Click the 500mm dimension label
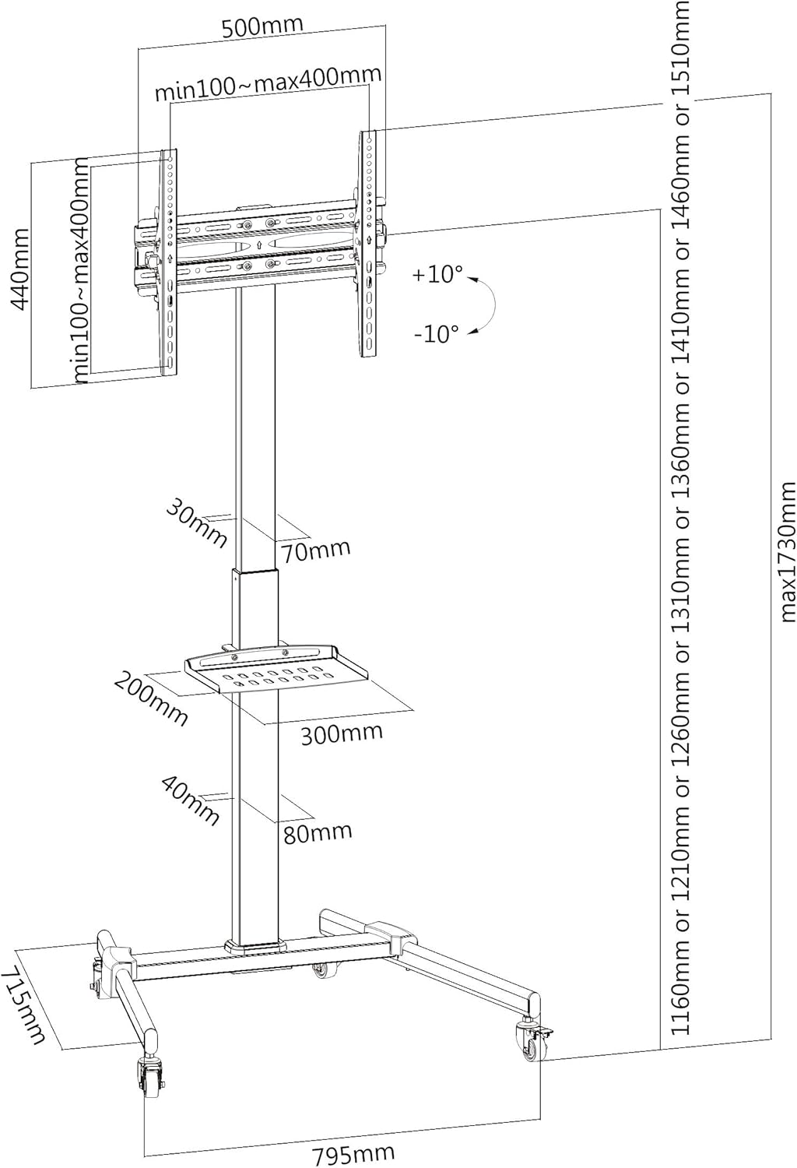(262, 26)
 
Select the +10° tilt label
(437, 274)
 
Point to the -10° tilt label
(437, 334)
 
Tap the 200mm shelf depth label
(151, 698)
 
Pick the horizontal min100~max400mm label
(269, 83)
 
